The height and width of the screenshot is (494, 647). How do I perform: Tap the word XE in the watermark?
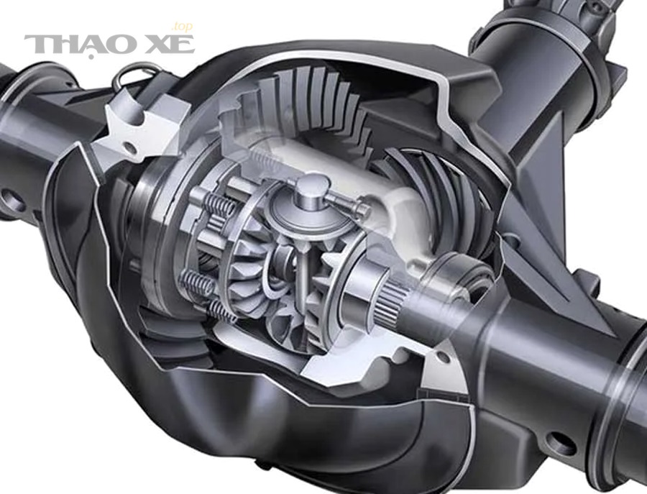tap(170, 44)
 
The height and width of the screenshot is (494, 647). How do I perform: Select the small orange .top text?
tap(182, 27)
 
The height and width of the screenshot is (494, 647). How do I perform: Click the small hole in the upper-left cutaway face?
tap(129, 147)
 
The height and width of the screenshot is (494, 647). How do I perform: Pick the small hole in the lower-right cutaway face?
tap(442, 357)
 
